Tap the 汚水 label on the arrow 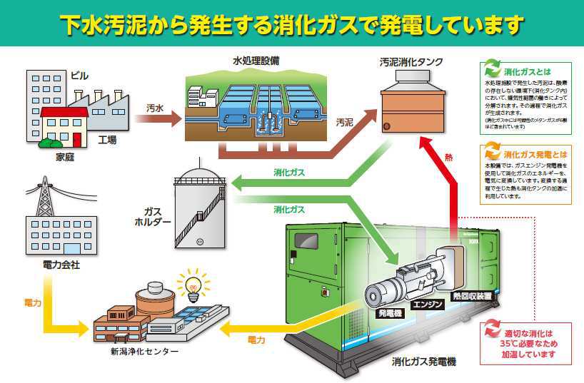(x=155, y=108)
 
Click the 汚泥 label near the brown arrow (x=343, y=123)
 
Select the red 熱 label (x=448, y=157)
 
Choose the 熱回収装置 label (x=472, y=295)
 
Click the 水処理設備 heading (x=255, y=60)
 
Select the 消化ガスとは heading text (x=526, y=72)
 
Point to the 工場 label (x=106, y=140)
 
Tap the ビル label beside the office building (x=80, y=75)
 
